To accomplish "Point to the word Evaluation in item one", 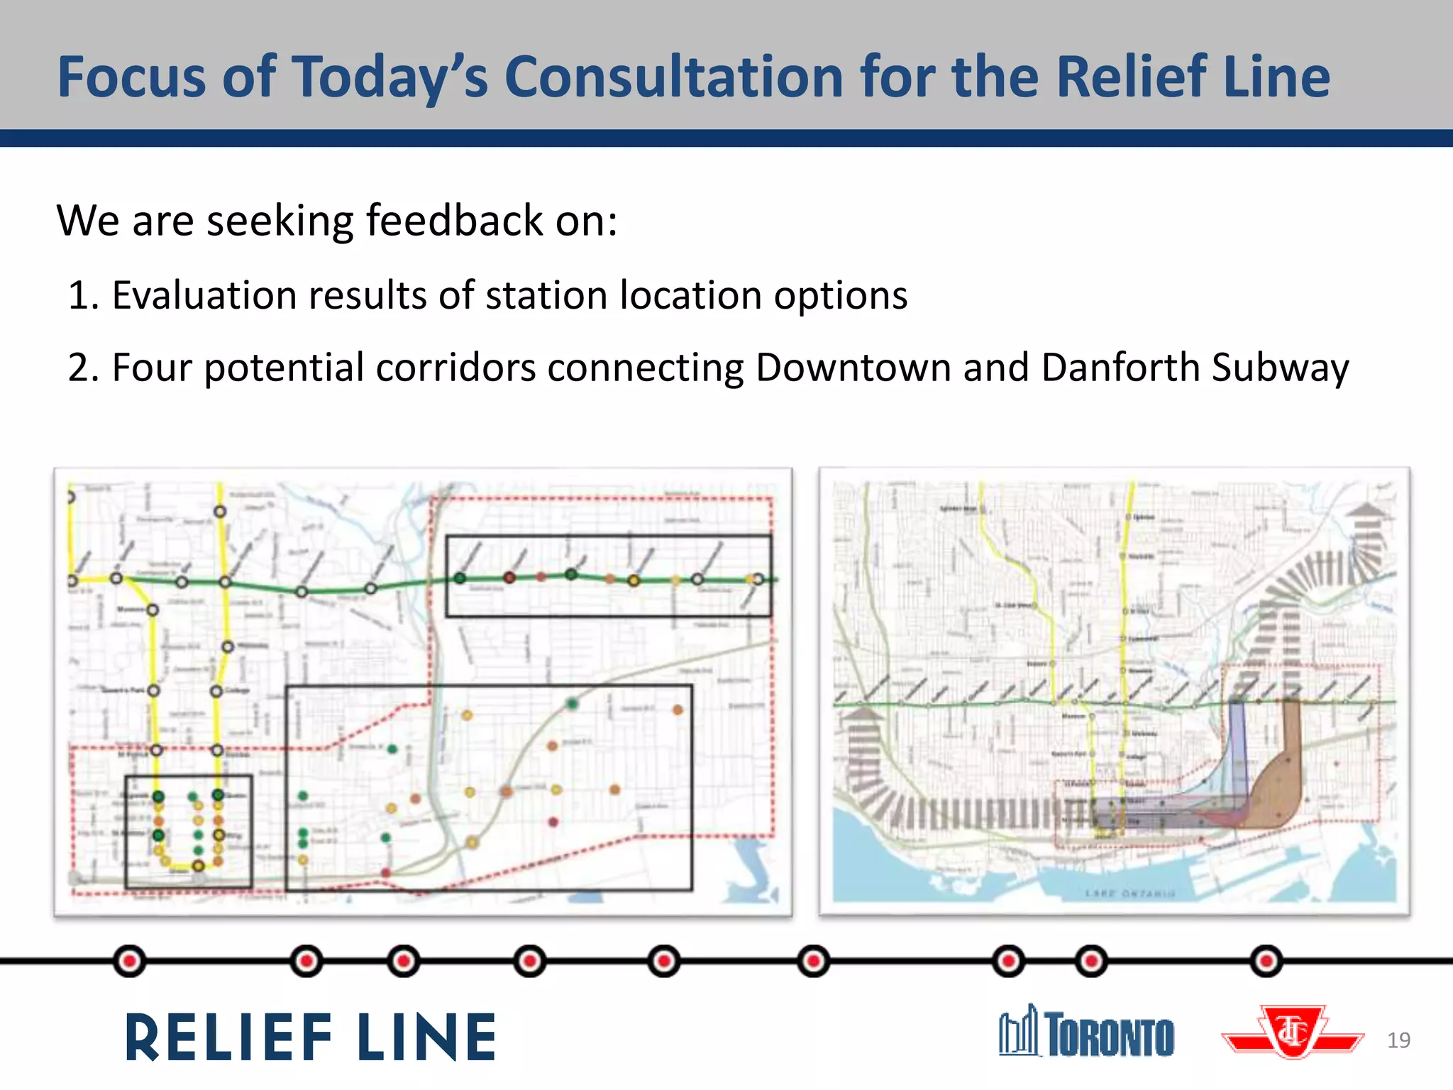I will [x=204, y=295].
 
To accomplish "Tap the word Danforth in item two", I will [x=1120, y=368].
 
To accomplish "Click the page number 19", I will [x=1398, y=1040].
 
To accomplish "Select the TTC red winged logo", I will [x=1293, y=1033].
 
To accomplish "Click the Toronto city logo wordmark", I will [x=1087, y=1033].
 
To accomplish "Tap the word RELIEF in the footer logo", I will [x=228, y=1037].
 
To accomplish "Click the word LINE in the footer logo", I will [x=426, y=1037].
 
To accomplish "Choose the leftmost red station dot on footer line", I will [x=129, y=962].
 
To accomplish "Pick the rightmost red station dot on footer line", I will [x=1266, y=962].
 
